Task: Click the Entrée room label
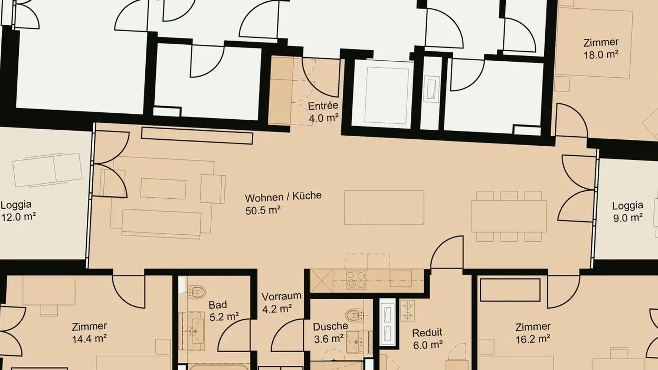pyautogui.click(x=323, y=106)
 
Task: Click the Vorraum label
pyautogui.click(x=281, y=296)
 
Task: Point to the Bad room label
pyautogui.click(x=218, y=305)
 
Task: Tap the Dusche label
pyautogui.click(x=330, y=327)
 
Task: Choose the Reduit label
pyautogui.click(x=427, y=333)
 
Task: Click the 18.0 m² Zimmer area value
pyautogui.click(x=601, y=54)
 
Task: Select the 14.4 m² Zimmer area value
pyautogui.click(x=90, y=338)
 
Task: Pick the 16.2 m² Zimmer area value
pyautogui.click(x=533, y=338)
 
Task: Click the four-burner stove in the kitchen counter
pyautogui.click(x=356, y=279)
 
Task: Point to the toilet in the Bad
pyautogui.click(x=197, y=291)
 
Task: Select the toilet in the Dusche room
pyautogui.click(x=353, y=315)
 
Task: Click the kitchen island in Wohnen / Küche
pyautogui.click(x=384, y=207)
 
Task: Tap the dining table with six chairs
pyautogui.click(x=509, y=216)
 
